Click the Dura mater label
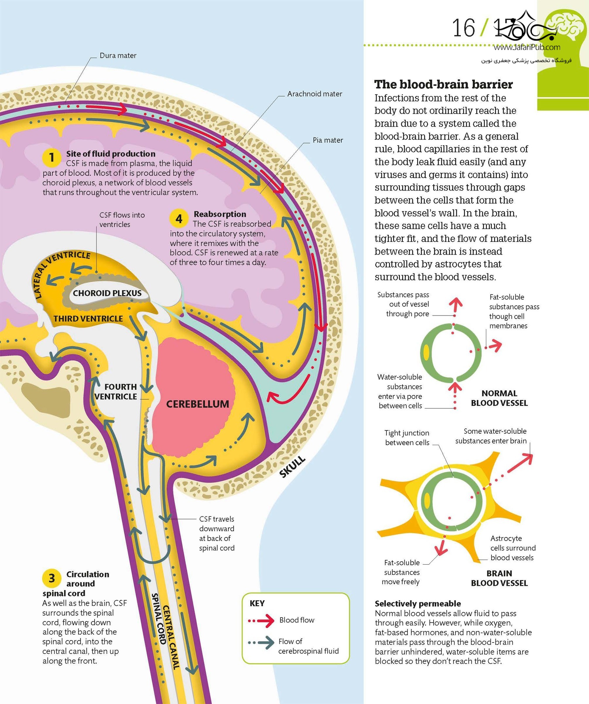[x=118, y=55]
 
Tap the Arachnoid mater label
[x=314, y=94]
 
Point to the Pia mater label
[x=328, y=140]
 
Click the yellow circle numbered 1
[x=51, y=157]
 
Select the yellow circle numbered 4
[x=179, y=219]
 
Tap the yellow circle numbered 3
[x=51, y=578]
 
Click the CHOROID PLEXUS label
[x=107, y=293]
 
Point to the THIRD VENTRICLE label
[x=88, y=318]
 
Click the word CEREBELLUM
[x=197, y=404]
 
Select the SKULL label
[x=292, y=467]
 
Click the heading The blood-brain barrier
[x=443, y=84]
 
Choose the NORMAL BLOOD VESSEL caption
[x=499, y=398]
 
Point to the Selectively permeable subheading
[x=418, y=604]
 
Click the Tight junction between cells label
[x=407, y=438]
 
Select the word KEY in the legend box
[x=257, y=603]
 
